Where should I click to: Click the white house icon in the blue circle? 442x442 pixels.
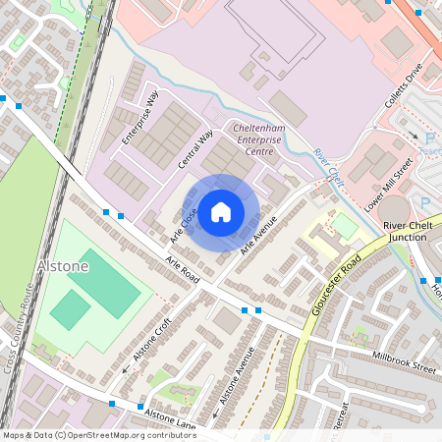tap(221, 211)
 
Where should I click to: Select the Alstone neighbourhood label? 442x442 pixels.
tap(62, 266)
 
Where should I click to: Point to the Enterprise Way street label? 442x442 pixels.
tap(139, 119)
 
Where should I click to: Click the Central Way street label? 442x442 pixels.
tap(196, 148)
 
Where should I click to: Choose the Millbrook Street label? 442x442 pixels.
tap(404, 360)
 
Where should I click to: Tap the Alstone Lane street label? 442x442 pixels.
tap(170, 416)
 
